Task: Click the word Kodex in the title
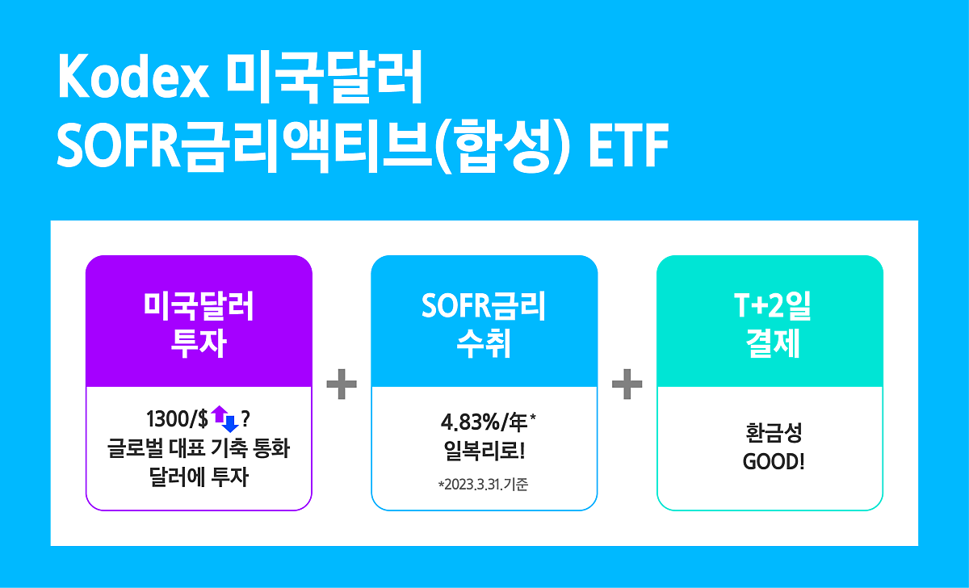coord(132,77)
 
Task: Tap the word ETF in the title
coord(628,145)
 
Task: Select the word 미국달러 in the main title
coord(324,77)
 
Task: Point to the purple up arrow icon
coord(220,414)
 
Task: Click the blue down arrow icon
coord(230,423)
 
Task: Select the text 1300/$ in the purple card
coord(178,419)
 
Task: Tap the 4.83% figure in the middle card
coord(470,422)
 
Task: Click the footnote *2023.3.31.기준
coord(484,484)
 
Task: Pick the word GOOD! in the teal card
coord(774,462)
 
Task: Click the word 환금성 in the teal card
coord(774,433)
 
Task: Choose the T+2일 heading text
coord(772,306)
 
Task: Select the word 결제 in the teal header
coord(773,343)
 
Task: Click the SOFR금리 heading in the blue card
coord(484,306)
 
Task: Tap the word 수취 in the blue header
coord(484,343)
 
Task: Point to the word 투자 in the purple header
coord(199,343)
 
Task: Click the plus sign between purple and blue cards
coord(342,384)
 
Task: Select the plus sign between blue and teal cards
coord(627,384)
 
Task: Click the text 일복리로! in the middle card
coord(484,451)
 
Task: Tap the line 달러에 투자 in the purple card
coord(199,477)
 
